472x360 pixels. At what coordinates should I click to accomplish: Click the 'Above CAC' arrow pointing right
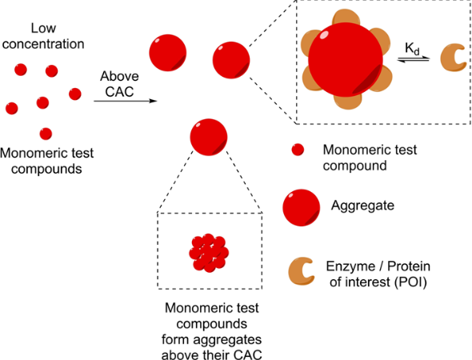pos(126,101)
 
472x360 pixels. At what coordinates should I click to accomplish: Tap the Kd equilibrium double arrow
pos(414,59)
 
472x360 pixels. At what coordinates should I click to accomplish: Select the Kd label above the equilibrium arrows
pos(412,49)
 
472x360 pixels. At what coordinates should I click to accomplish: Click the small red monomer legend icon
pos(298,150)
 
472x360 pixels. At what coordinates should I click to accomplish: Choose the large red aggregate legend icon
pos(301,208)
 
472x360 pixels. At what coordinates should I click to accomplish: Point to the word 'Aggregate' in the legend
pos(362,206)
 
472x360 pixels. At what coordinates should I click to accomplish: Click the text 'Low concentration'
pos(43,36)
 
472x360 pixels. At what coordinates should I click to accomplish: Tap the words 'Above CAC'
pos(119,84)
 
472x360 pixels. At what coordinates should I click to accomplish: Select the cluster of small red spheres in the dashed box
pos(209,253)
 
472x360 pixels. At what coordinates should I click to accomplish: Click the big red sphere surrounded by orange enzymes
pos(346,60)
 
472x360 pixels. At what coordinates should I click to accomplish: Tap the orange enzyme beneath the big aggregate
pos(348,102)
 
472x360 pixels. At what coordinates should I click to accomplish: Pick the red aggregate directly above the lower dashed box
pos(209,137)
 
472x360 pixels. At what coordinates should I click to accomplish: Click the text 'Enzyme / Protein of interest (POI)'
pos(378,274)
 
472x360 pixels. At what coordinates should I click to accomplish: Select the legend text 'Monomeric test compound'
pos(370,158)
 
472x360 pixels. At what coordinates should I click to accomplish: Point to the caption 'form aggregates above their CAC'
pos(212,347)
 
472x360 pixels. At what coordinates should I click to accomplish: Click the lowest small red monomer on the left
pos(46,134)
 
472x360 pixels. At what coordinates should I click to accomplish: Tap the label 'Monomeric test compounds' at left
pos(46,161)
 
